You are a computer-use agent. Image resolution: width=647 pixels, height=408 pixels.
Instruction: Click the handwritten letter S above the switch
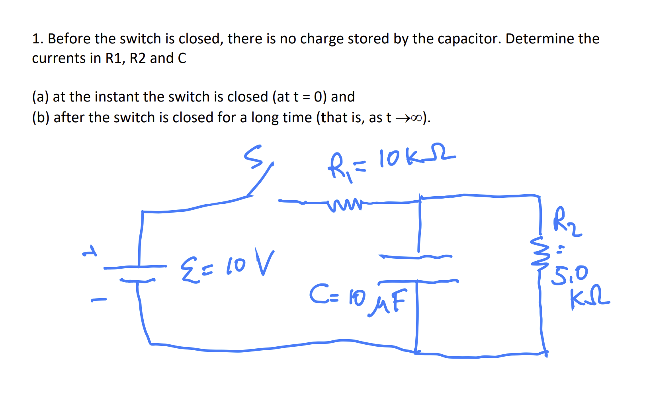[253, 156]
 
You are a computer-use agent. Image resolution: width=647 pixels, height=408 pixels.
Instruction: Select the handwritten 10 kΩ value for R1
[416, 158]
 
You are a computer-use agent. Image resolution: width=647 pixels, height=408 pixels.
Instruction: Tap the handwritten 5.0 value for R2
[570, 275]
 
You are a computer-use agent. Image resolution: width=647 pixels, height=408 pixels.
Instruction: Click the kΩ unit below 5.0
[589, 299]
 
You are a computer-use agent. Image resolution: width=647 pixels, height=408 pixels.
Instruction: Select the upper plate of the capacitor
[415, 257]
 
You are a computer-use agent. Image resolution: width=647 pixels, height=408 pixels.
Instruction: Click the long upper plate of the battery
[135, 267]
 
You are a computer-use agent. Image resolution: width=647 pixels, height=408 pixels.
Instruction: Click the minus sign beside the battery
[99, 299]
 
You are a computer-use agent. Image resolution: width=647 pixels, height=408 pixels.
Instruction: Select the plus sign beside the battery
[90, 252]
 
